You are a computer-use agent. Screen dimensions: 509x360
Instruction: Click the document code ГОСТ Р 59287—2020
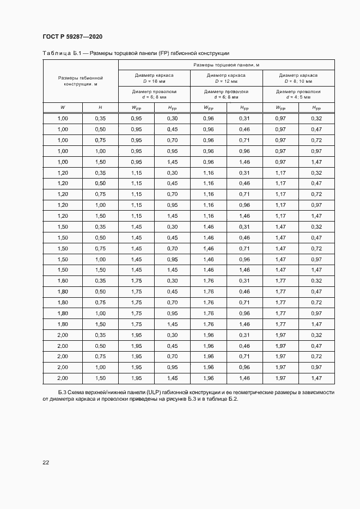pos(72,37)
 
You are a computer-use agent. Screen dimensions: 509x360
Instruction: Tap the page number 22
pos(46,462)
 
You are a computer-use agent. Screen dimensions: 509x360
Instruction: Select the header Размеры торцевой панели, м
pos(226,65)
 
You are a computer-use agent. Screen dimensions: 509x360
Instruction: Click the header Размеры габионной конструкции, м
pos(81,81)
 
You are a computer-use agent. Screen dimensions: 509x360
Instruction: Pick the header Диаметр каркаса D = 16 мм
pos(154,78)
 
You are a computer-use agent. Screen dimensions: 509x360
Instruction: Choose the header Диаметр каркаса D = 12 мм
pos(226,78)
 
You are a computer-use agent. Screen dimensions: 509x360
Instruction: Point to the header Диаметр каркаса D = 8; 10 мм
pos(298,78)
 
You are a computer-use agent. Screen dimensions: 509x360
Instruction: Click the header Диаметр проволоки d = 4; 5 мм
pos(298,94)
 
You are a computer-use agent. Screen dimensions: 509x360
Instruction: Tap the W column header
pos(63,107)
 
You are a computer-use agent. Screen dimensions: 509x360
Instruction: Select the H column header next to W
pos(100,107)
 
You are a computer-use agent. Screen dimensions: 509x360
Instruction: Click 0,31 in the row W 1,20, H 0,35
pos(244,173)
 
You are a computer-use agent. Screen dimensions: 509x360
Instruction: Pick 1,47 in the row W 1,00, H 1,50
pos(316,162)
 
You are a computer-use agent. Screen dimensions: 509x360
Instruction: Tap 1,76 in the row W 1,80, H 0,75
pos(208,302)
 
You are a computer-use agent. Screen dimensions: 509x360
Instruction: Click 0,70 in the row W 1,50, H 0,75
pos(172,248)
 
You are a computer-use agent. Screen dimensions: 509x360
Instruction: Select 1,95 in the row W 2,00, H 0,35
pos(136,335)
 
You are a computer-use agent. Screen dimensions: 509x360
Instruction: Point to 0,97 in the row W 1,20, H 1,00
pos(316,205)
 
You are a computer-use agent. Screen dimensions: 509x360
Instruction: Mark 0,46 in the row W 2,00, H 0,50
pos(244,346)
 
